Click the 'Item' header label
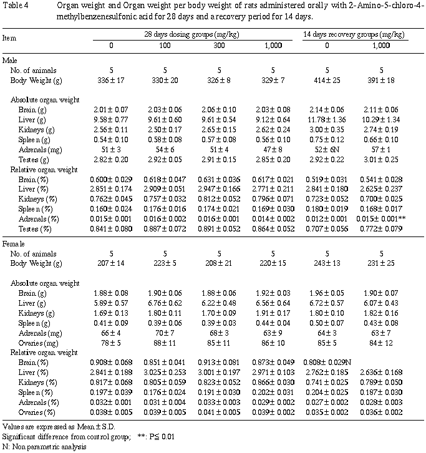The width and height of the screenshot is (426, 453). pos(9,38)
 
